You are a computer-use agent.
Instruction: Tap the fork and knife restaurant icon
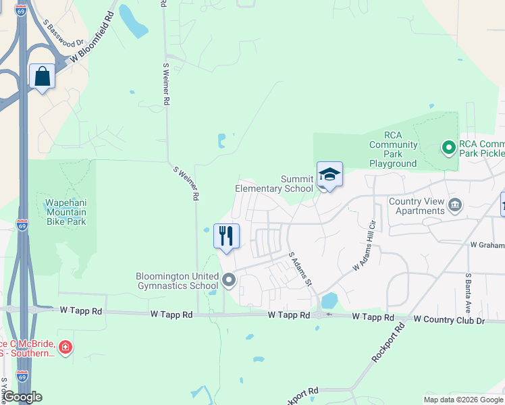coord(226,236)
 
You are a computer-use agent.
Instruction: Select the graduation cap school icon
coord(329,175)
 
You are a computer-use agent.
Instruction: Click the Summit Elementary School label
coord(274,184)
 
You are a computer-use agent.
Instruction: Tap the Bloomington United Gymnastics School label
coord(177,281)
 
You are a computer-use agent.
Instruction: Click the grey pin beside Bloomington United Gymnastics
coord(230,279)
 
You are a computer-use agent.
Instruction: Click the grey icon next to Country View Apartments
coord(456,205)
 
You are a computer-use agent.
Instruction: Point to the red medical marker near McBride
coord(65,348)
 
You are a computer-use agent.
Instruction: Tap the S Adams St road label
coord(299,268)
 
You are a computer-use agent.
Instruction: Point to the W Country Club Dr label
coord(450,319)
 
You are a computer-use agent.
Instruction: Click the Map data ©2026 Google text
coord(462,400)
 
